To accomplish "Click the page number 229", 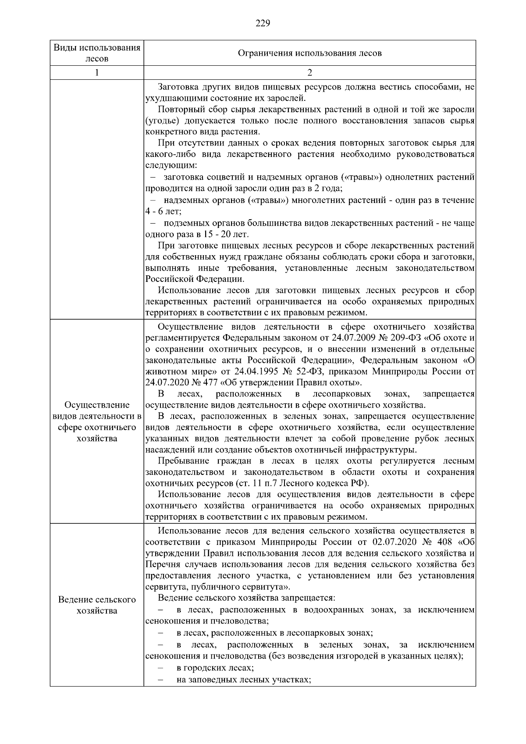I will point(263,23).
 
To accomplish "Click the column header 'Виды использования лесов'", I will point(97,53).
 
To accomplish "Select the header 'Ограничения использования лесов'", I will point(309,53).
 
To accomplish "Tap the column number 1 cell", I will point(97,73).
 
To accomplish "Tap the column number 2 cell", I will point(309,73).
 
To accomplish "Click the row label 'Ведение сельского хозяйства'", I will point(97,605).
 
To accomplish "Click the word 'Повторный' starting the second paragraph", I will point(177,109).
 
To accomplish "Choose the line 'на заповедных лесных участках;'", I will point(244,679).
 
